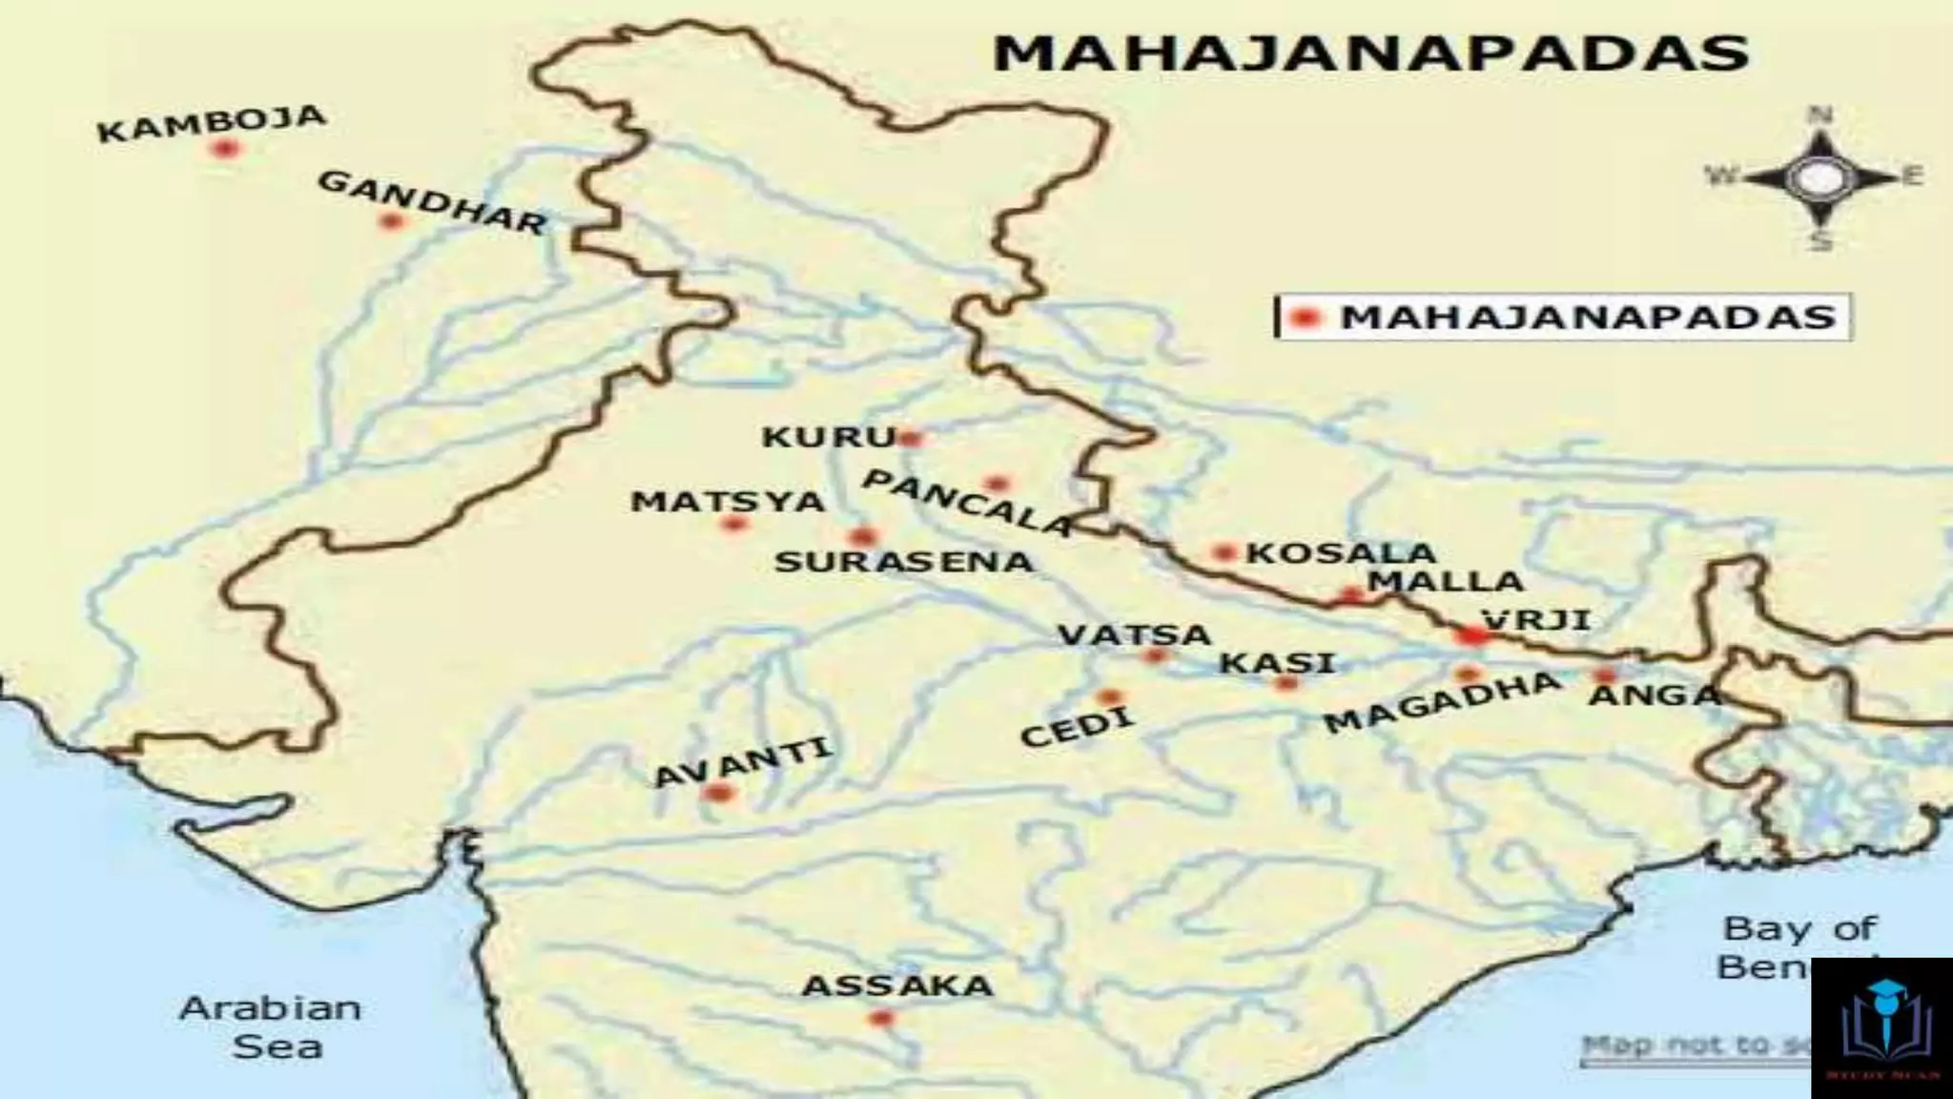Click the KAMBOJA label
coord(212,123)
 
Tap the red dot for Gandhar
coord(390,222)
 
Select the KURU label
coord(828,437)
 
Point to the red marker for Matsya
coord(734,523)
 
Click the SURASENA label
coord(903,562)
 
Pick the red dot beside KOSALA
coord(1223,552)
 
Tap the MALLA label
coord(1445,581)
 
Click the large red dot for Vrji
coord(1472,634)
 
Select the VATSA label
coord(1135,634)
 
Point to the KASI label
coord(1278,662)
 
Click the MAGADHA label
coord(1442,701)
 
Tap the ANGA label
coord(1654,695)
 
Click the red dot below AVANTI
coord(718,793)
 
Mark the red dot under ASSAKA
coord(880,1018)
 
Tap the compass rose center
coord(1819,176)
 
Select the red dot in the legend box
coord(1305,318)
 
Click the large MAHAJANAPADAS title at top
coord(1370,53)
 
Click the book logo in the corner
coord(1881,1026)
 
